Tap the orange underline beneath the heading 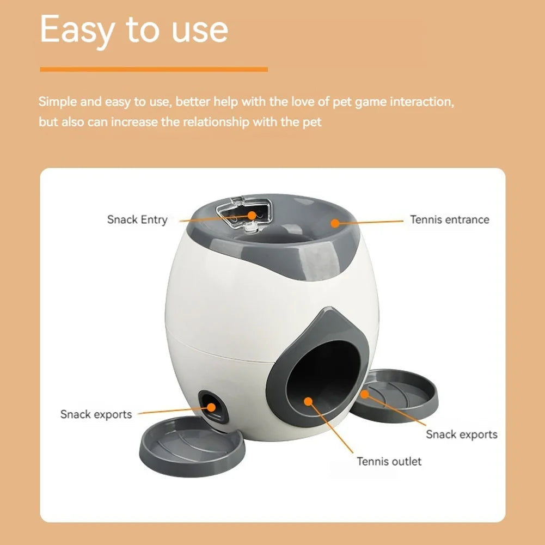click(x=154, y=69)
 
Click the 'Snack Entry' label click(x=137, y=219)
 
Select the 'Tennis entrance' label click(x=449, y=219)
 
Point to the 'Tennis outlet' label click(x=389, y=461)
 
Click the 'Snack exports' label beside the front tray click(x=96, y=414)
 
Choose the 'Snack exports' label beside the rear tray click(x=461, y=434)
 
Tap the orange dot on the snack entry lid click(x=252, y=215)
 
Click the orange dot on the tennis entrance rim click(x=335, y=223)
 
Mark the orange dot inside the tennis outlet click(x=308, y=401)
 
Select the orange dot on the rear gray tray click(x=364, y=393)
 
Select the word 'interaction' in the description click(x=420, y=102)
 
